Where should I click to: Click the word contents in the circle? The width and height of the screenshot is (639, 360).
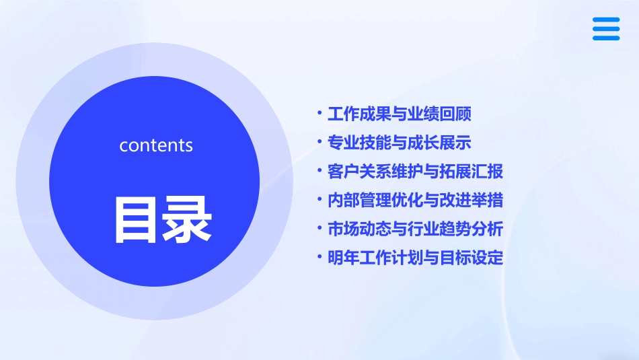[x=155, y=145]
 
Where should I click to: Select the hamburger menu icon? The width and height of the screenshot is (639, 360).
[x=605, y=29]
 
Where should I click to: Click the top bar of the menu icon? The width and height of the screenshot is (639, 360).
[x=605, y=20]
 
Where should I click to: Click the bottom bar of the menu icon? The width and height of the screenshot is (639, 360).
[x=605, y=38]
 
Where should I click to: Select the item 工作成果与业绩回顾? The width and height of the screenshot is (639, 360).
[x=400, y=114]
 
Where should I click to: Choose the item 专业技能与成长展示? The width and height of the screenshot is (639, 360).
[x=400, y=143]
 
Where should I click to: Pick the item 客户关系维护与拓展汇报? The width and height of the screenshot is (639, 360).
[x=415, y=172]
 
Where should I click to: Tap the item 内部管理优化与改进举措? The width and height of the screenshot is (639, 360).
[x=415, y=201]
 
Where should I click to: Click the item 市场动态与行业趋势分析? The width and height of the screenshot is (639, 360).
[x=415, y=229]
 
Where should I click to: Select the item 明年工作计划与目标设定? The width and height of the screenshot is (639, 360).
[x=415, y=258]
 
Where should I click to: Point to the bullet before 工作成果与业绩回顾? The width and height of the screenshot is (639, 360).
[x=319, y=113]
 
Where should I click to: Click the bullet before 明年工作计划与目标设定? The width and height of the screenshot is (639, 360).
[x=319, y=257]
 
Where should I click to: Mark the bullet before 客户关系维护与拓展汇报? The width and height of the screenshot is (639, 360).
[x=319, y=170]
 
